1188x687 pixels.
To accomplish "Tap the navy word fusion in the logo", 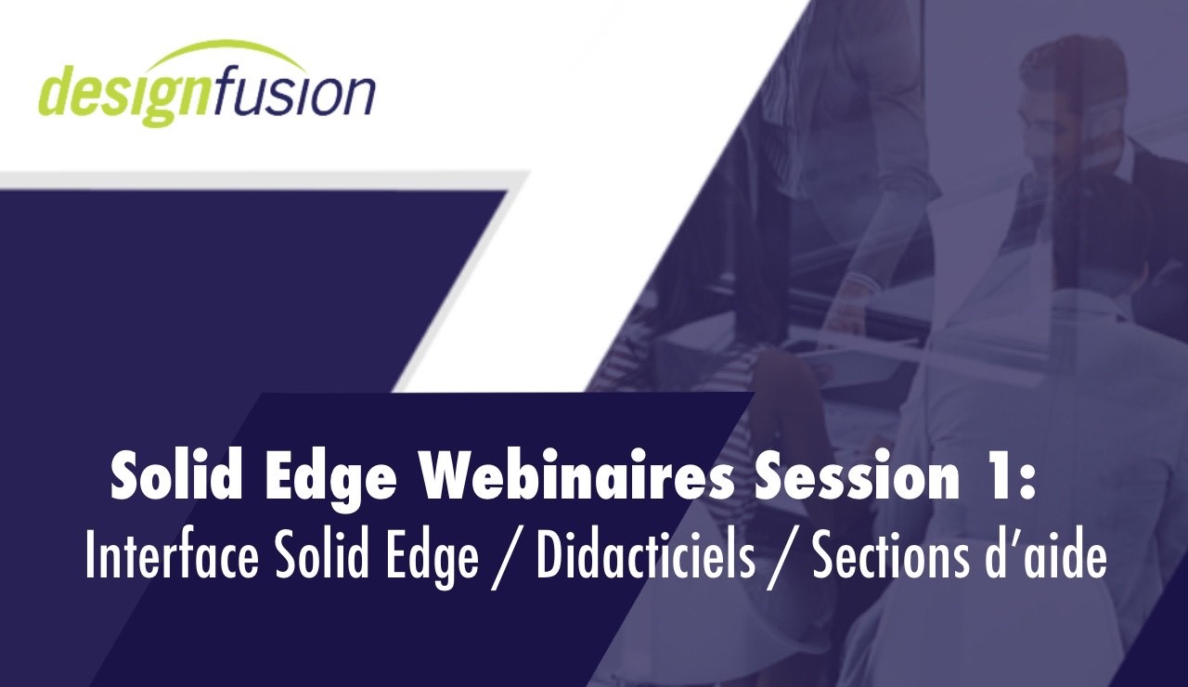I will point(294,92).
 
